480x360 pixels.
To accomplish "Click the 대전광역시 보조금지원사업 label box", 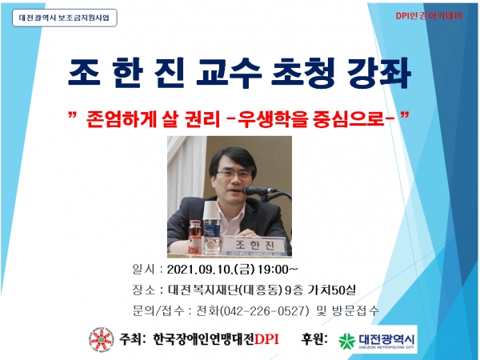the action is tap(65, 18).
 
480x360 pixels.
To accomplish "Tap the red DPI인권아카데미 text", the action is tap(429, 16).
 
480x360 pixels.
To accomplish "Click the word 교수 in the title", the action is tap(229, 73).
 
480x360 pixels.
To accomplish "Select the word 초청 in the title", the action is tap(303, 73).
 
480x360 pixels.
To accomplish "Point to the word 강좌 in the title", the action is tap(378, 73).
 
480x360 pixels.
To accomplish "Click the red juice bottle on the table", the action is tap(194, 237).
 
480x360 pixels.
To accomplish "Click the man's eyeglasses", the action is tap(234, 174).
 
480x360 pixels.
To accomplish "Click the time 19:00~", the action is tap(278, 270).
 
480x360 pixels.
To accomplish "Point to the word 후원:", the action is tap(314, 339).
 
